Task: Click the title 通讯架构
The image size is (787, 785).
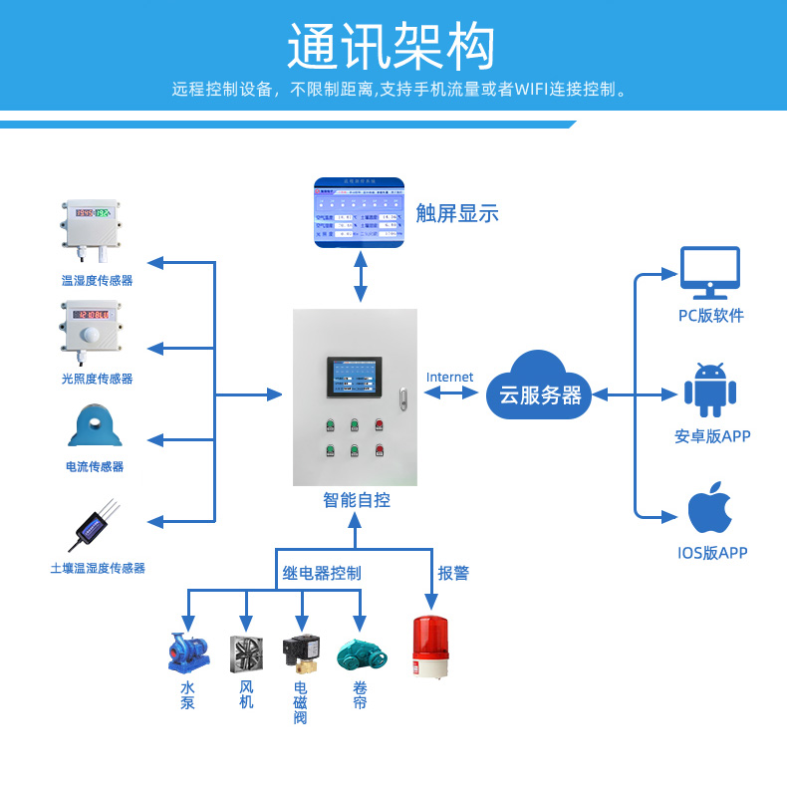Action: [392, 46]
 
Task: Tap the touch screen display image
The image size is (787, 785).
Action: [360, 212]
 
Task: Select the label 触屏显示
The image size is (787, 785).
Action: [457, 213]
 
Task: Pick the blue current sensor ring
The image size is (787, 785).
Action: [95, 425]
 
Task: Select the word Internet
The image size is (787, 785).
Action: [450, 377]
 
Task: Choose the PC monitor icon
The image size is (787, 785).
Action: [709, 272]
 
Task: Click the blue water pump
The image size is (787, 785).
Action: [188, 653]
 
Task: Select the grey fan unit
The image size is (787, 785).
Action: [246, 654]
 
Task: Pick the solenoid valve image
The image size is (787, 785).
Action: [301, 654]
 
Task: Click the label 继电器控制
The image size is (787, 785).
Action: [322, 573]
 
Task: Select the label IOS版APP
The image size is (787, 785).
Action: [712, 553]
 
